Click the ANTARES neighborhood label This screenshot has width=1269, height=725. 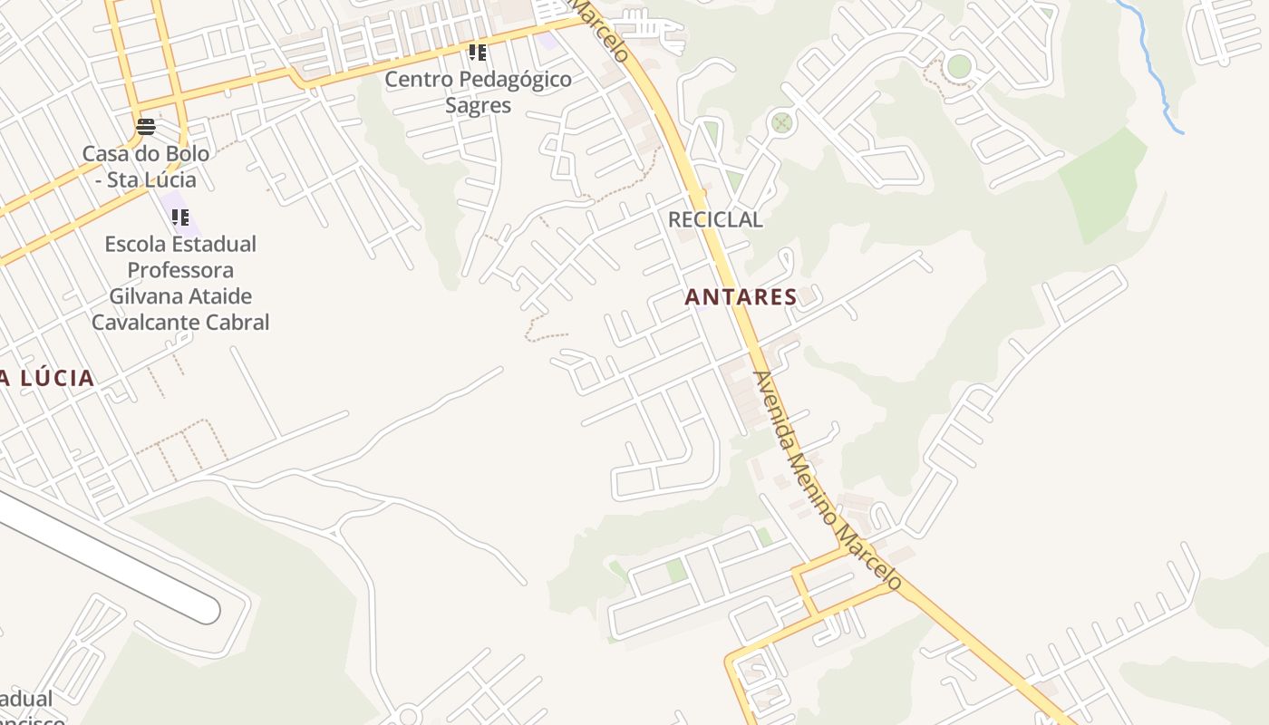point(741,296)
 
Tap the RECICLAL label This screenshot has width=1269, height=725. point(715,219)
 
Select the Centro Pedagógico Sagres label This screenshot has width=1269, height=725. point(478,92)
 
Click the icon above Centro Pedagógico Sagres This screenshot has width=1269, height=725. point(478,52)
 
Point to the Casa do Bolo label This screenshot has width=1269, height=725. point(146,166)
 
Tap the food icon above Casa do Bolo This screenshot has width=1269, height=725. point(146,126)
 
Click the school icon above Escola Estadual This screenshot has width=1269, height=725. point(180,217)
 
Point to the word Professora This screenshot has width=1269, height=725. point(180,270)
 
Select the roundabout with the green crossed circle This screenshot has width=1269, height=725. point(781,123)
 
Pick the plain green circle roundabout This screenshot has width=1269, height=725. point(958,66)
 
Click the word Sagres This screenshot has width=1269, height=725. point(478,105)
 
